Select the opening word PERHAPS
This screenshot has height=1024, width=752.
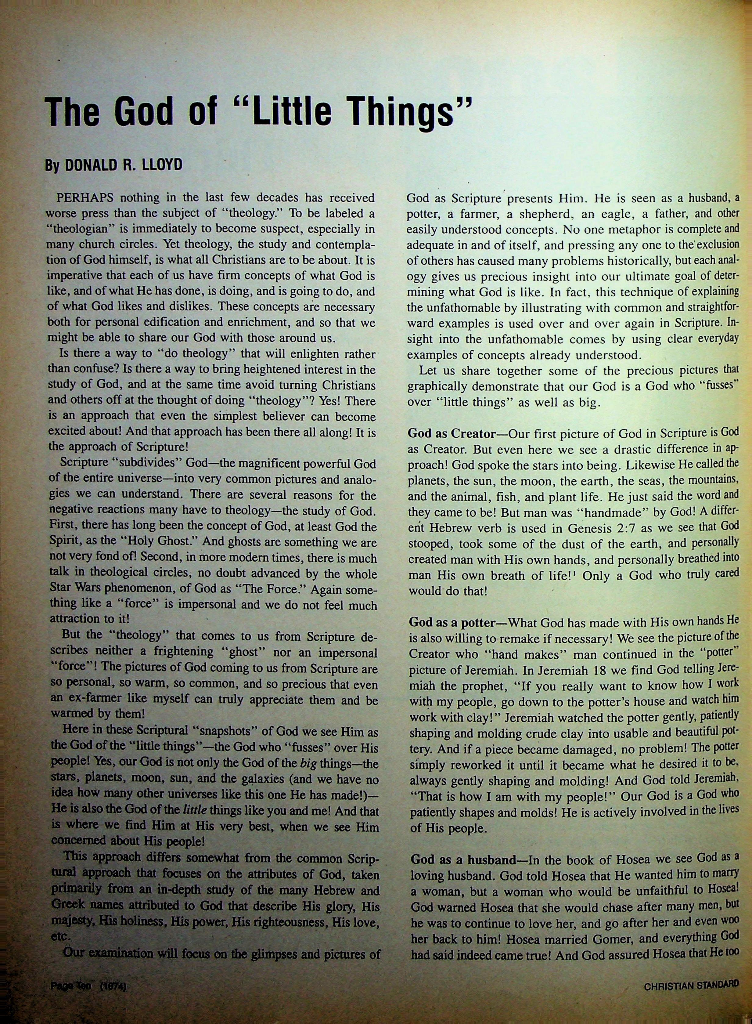click(x=85, y=198)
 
